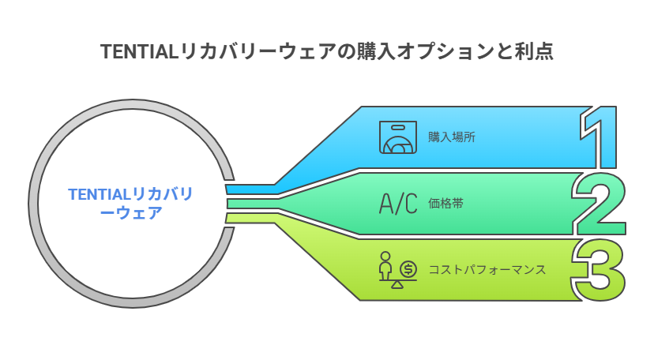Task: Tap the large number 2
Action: pyautogui.click(x=599, y=204)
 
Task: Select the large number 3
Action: pyautogui.click(x=599, y=270)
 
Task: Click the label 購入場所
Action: pyautogui.click(x=451, y=137)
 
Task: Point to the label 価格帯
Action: pyautogui.click(x=445, y=204)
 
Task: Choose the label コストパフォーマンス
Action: pyautogui.click(x=487, y=269)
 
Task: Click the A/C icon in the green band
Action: pyautogui.click(x=398, y=204)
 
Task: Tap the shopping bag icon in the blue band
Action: pyautogui.click(x=398, y=137)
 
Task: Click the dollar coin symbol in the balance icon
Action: pyautogui.click(x=408, y=268)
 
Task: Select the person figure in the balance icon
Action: pyautogui.click(x=385, y=265)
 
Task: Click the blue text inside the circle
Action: pyautogui.click(x=130, y=204)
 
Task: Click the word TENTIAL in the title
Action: pyautogui.click(x=140, y=52)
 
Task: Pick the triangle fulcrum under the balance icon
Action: pyautogui.click(x=397, y=284)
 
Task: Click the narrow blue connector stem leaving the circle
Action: pyautogui.click(x=250, y=189)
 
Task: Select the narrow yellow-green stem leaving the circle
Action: pyautogui.click(x=251, y=218)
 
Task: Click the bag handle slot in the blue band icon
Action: pyautogui.click(x=398, y=127)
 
